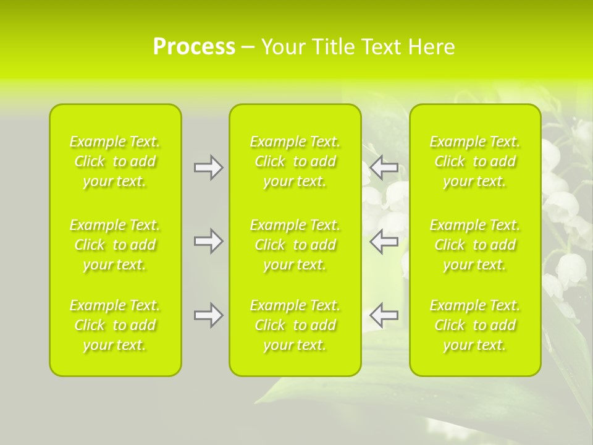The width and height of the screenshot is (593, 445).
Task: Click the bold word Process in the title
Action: (194, 47)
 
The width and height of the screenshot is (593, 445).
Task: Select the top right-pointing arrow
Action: (208, 167)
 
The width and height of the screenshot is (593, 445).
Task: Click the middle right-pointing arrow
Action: (208, 241)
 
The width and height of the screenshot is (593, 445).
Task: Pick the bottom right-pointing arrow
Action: (208, 315)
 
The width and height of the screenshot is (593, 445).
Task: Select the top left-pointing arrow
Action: (384, 167)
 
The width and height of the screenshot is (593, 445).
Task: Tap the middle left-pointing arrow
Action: (384, 241)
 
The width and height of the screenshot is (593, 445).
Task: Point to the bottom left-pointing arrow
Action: (384, 315)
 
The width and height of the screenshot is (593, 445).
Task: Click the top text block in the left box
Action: (115, 161)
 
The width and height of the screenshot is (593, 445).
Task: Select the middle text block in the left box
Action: (115, 245)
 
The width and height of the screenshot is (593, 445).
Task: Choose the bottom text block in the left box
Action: (115, 325)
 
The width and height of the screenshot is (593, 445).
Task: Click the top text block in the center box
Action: (295, 161)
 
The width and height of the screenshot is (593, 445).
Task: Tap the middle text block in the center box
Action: (295, 245)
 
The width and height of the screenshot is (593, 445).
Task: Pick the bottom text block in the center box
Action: (295, 325)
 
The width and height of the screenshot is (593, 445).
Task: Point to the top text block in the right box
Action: (475, 161)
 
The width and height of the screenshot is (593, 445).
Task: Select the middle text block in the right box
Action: (475, 245)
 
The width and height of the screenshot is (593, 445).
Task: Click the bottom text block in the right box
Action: (475, 325)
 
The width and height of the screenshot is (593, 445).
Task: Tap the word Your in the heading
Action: (282, 47)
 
